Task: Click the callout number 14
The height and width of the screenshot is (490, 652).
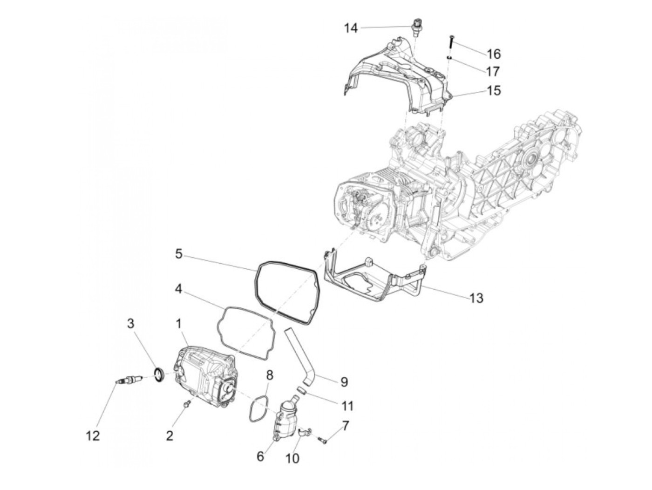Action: click(x=351, y=28)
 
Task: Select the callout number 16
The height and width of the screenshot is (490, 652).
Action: click(x=494, y=54)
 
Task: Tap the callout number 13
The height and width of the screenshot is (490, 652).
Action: click(x=476, y=297)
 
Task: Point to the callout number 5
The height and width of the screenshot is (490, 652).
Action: click(x=179, y=254)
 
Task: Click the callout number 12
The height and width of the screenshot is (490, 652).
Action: click(x=93, y=436)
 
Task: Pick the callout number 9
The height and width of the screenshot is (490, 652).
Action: click(x=344, y=382)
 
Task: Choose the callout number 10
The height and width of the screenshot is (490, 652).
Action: click(x=292, y=458)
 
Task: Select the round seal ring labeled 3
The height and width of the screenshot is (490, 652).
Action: click(x=159, y=374)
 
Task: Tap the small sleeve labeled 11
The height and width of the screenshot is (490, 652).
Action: click(x=301, y=389)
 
